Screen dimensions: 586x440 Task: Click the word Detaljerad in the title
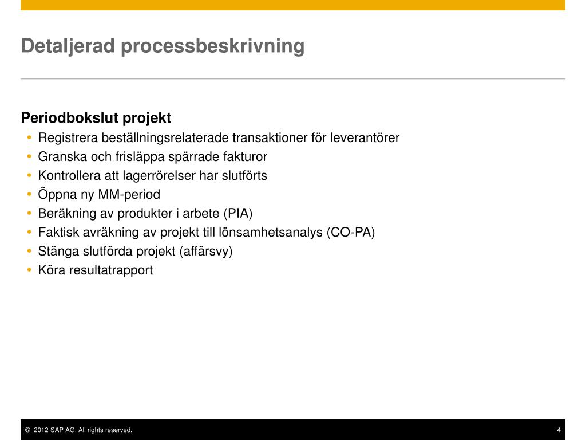pyautogui.click(x=68, y=46)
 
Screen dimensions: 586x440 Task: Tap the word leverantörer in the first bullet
pyautogui.click(x=365, y=137)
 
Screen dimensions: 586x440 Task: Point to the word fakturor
pyautogui.click(x=245, y=156)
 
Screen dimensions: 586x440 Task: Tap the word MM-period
pyautogui.click(x=129, y=195)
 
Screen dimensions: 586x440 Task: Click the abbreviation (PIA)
pyautogui.click(x=237, y=213)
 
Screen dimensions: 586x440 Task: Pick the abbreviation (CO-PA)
pyautogui.click(x=351, y=233)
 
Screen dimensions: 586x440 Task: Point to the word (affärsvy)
pyautogui.click(x=206, y=252)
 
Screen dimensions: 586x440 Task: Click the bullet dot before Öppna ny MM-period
pyautogui.click(x=30, y=194)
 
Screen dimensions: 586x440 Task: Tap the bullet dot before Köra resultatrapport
pyautogui.click(x=30, y=270)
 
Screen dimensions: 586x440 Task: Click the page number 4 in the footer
pyautogui.click(x=559, y=430)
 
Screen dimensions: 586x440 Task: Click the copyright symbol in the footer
pyautogui.click(x=27, y=430)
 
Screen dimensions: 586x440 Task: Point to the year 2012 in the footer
pyautogui.click(x=41, y=430)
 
